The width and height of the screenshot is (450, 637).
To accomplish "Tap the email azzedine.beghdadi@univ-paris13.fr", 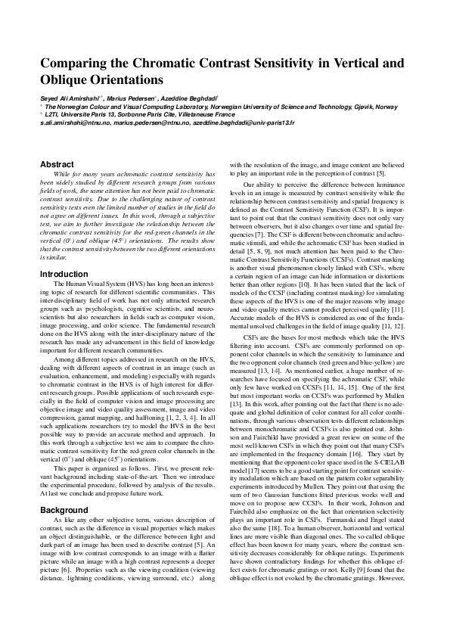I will pyautogui.click(x=242, y=122).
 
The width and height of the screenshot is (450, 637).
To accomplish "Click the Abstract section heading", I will pyautogui.click(x=57, y=164).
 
